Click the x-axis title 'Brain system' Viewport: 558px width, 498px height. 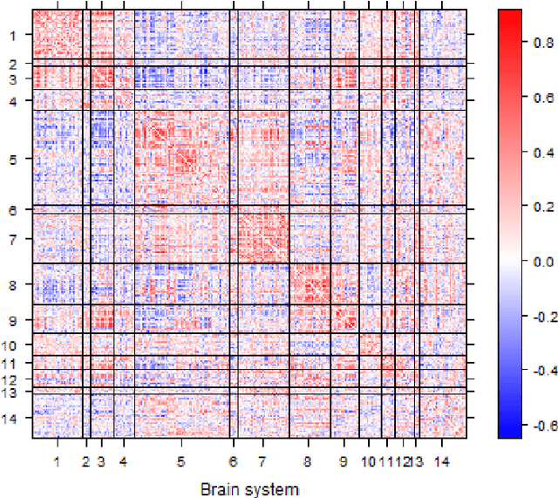[x=249, y=488]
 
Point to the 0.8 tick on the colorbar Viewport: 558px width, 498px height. [x=525, y=43]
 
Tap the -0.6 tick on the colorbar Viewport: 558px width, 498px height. [x=525, y=426]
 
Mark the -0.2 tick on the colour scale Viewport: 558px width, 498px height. [x=525, y=317]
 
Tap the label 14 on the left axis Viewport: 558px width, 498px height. [x=12, y=418]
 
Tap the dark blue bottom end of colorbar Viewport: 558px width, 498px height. [x=510, y=431]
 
